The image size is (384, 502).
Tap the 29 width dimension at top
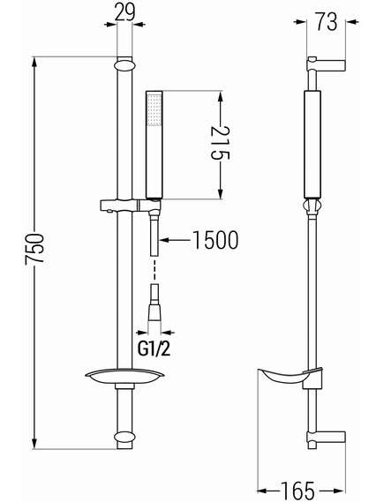(x=124, y=13)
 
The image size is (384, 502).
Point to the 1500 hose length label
(x=215, y=240)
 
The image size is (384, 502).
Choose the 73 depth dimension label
(x=327, y=22)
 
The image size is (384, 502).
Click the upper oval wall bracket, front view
(x=124, y=65)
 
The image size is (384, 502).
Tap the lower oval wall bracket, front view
(x=124, y=437)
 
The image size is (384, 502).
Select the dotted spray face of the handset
(x=154, y=109)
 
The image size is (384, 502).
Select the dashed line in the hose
(x=154, y=270)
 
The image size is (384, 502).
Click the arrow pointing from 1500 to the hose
(x=175, y=239)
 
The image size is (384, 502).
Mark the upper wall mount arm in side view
(x=327, y=64)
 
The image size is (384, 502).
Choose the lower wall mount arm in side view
(x=327, y=438)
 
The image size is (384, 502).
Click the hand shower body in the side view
(x=312, y=145)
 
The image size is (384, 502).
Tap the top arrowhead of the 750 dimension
(x=34, y=64)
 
